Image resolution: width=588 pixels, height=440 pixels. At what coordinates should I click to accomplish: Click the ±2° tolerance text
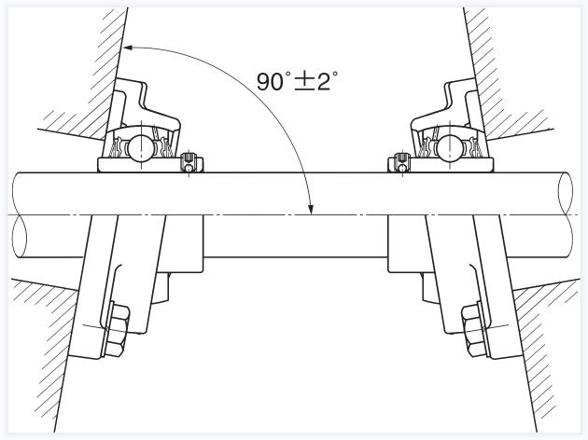[315, 81]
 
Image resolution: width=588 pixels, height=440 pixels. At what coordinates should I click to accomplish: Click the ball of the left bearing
[140, 146]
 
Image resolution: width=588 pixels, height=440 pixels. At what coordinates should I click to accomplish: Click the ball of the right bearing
[450, 146]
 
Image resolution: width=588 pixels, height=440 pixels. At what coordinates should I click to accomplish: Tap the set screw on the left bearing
[189, 163]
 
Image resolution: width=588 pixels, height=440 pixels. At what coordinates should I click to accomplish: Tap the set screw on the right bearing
[401, 163]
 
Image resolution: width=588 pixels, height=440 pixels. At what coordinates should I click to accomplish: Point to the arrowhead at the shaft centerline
[310, 210]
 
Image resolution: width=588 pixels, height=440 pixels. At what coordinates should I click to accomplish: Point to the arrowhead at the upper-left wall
[128, 48]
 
